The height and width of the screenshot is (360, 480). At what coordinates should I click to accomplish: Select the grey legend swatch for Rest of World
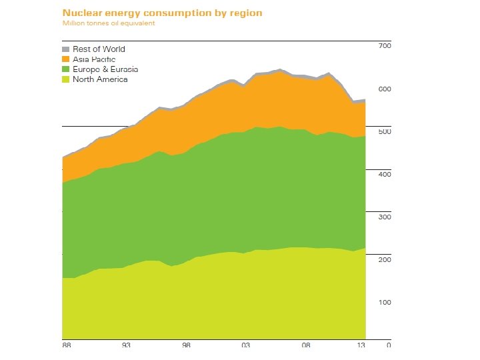pos(65,49)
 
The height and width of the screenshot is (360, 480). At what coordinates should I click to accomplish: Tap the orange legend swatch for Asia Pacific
pos(65,59)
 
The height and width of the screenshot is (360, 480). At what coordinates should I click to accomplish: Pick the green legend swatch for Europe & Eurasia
pos(65,69)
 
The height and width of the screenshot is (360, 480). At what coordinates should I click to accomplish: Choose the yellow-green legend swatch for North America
pos(65,79)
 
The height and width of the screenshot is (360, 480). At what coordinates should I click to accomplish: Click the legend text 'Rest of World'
pos(99,49)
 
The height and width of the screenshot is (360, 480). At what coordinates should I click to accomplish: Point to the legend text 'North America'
pos(100,79)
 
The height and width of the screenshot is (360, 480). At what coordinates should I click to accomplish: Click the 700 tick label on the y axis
pos(384,46)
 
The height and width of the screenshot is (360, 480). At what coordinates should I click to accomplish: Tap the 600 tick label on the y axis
pos(384,89)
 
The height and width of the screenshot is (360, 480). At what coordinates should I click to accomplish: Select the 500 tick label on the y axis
pos(384,131)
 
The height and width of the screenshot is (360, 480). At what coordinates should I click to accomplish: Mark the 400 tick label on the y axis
pos(384,174)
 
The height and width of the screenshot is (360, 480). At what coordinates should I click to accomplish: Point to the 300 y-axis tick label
pos(384,217)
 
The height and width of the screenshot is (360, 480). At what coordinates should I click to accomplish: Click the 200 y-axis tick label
pos(384,259)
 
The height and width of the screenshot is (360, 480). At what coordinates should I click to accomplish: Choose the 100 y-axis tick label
pos(384,302)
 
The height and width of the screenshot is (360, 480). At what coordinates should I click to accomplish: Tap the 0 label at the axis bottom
pos(389,345)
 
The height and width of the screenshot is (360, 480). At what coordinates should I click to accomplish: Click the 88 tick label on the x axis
pos(67,345)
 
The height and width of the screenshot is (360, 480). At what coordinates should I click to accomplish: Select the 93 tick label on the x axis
pos(127,345)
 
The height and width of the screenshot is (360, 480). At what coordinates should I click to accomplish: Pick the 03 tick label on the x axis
pos(246,345)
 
